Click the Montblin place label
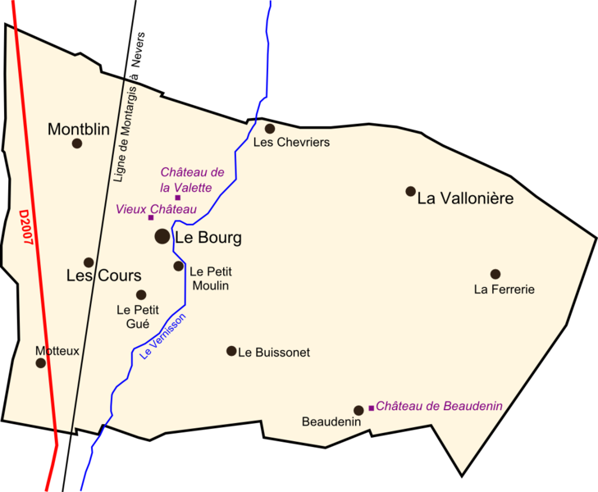click(x=79, y=129)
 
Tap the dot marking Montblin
click(x=77, y=143)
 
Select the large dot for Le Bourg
click(x=162, y=236)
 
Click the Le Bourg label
click(x=209, y=238)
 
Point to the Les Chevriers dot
click(x=270, y=128)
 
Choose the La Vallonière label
click(x=465, y=198)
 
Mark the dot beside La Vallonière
click(x=410, y=191)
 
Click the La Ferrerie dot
click(x=495, y=274)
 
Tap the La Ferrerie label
click(x=504, y=289)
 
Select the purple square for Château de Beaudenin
click(x=372, y=408)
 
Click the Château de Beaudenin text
click(x=439, y=406)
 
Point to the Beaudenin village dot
click(x=358, y=410)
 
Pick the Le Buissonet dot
click(x=231, y=351)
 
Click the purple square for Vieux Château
click(x=151, y=217)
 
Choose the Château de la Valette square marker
click(x=177, y=198)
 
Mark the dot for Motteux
click(x=41, y=362)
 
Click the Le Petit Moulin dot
click(x=179, y=266)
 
